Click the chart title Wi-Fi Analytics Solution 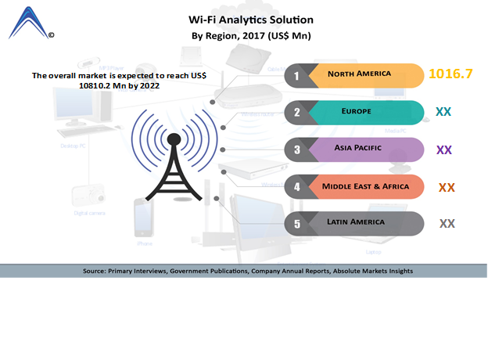(251, 20)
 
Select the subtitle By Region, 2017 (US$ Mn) (251, 36)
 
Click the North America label (360, 75)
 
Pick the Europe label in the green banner (357, 112)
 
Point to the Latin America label (357, 222)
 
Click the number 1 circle (296, 76)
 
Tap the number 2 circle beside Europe (296, 113)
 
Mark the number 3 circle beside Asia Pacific (296, 149)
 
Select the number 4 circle (296, 187)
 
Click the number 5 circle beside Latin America (296, 224)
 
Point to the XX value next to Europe (443, 112)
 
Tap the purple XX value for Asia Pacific (444, 149)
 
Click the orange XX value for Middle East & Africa (447, 187)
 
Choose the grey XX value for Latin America (447, 223)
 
